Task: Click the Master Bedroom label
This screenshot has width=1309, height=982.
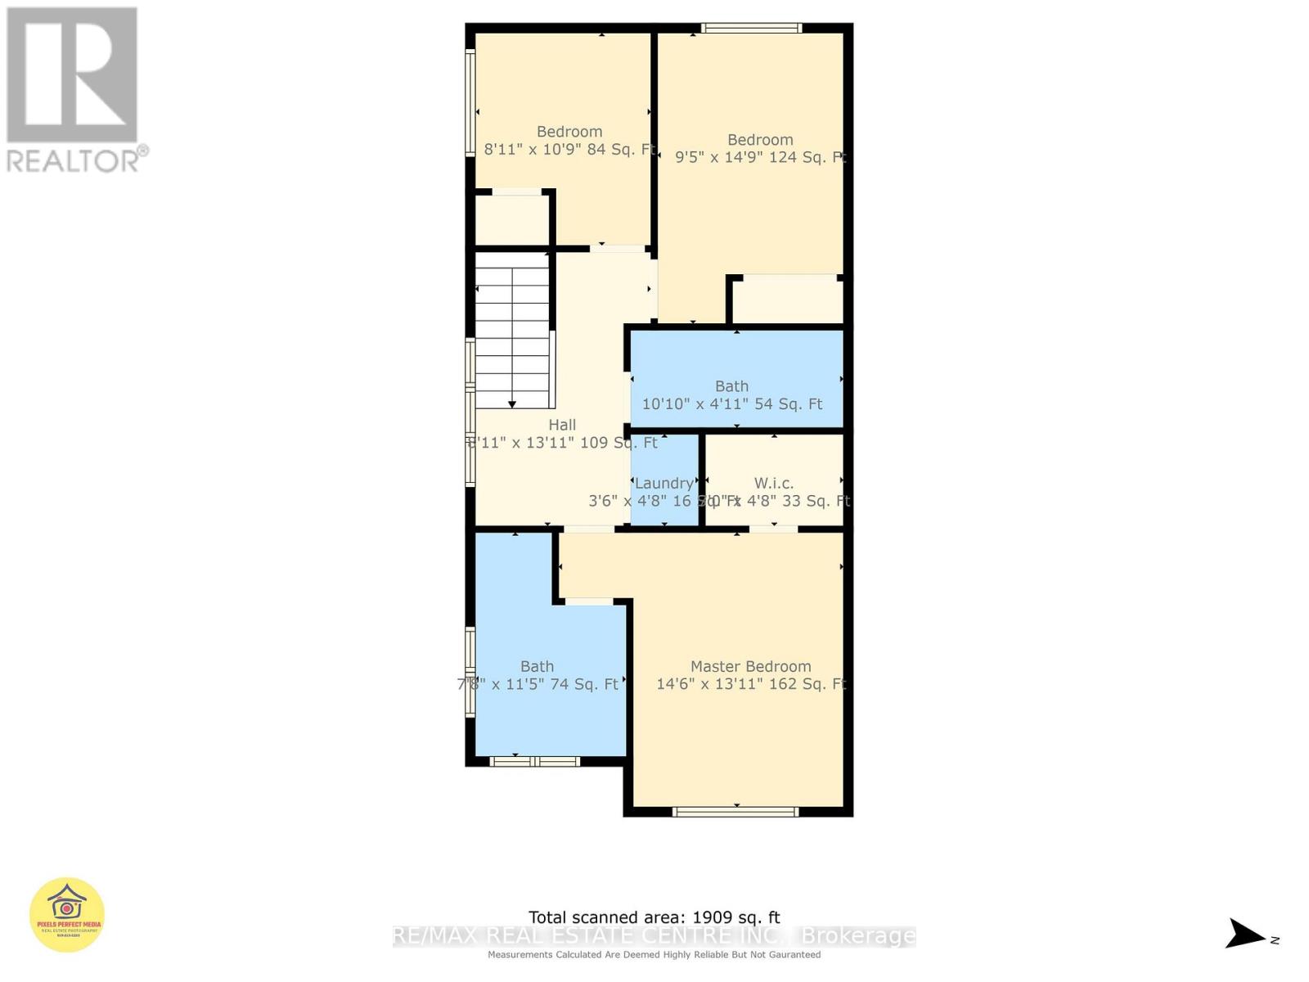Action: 750,667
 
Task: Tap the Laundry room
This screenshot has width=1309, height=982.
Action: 663,483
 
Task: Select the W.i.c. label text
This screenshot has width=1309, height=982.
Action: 773,483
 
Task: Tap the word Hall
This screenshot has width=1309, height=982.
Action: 562,425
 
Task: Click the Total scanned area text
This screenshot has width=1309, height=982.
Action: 654,917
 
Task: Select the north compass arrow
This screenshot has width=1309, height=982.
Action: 1246,935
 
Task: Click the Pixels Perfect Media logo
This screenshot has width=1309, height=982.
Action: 67,915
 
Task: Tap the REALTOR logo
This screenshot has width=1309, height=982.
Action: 74,90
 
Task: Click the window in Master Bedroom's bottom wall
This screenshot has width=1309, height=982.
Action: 735,812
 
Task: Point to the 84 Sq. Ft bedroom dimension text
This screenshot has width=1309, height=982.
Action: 570,149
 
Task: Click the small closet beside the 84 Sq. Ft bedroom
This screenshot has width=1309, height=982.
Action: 512,219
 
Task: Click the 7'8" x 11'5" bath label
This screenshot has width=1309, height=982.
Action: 538,684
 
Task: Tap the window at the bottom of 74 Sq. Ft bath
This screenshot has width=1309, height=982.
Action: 534,762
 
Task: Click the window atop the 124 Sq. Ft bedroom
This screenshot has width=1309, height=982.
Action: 751,28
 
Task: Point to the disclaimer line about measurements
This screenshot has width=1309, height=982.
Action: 654,955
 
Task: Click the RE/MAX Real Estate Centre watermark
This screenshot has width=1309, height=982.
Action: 654,936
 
